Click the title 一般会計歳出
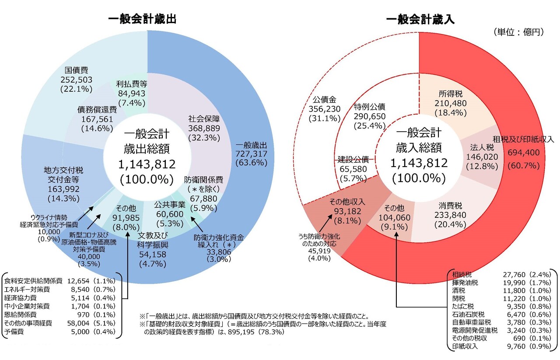click(x=142, y=19)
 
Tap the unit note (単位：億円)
click(x=518, y=32)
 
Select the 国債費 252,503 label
click(x=77, y=79)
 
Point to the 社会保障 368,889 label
click(x=204, y=127)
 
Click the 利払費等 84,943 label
click(x=131, y=92)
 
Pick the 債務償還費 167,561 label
click(x=97, y=118)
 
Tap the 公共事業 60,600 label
click(x=170, y=213)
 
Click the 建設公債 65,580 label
click(x=353, y=168)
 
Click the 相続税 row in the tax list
click(x=498, y=275)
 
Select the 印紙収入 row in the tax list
click(x=498, y=346)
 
